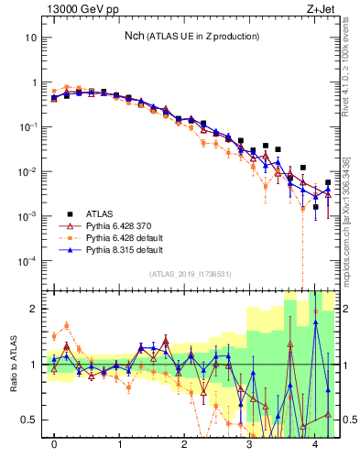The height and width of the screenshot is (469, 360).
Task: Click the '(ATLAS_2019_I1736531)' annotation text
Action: coord(191,274)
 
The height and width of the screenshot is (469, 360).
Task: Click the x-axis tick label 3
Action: coord(250,444)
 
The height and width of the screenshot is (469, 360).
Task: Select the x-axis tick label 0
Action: coord(54,444)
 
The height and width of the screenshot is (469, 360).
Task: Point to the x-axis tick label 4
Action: coord(315,444)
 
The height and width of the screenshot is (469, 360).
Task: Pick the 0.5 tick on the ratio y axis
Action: coord(30,420)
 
